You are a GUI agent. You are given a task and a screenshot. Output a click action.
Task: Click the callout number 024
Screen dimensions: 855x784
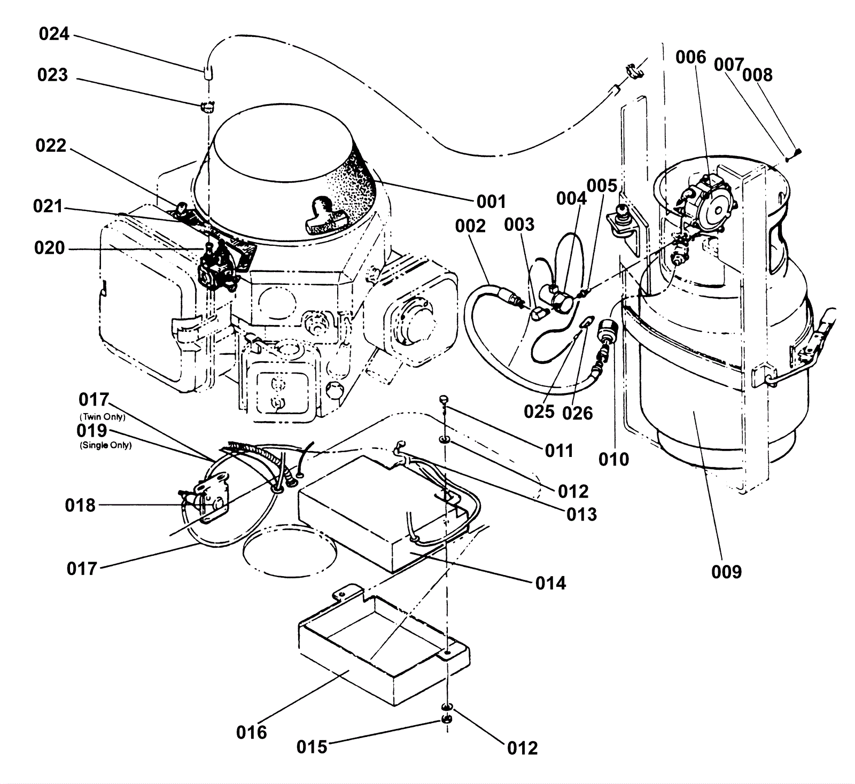click(x=55, y=34)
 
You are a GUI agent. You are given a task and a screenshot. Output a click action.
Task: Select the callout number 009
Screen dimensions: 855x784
click(x=727, y=572)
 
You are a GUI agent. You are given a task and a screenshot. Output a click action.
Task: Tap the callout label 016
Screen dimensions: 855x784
click(x=252, y=732)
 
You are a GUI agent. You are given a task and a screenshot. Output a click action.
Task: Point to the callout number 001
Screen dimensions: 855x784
click(x=491, y=201)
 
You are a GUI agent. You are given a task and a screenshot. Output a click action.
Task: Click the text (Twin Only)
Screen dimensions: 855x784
click(x=102, y=417)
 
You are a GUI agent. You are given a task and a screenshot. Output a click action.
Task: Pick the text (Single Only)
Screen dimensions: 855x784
click(x=105, y=445)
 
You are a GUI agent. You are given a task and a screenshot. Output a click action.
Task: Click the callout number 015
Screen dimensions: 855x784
click(x=312, y=747)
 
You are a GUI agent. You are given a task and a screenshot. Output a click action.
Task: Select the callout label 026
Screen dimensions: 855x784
click(x=578, y=413)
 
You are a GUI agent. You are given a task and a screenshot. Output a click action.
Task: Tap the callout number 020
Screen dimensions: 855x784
click(x=50, y=248)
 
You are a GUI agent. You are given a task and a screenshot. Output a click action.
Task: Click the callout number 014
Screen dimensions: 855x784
click(x=551, y=583)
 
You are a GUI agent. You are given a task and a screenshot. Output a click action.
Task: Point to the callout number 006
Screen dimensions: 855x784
click(x=691, y=57)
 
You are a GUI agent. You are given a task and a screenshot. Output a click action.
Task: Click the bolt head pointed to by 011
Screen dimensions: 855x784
click(x=444, y=399)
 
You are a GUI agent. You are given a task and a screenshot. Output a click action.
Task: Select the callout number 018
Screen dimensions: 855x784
click(x=81, y=505)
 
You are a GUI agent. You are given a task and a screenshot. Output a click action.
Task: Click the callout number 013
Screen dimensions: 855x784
click(x=582, y=514)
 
